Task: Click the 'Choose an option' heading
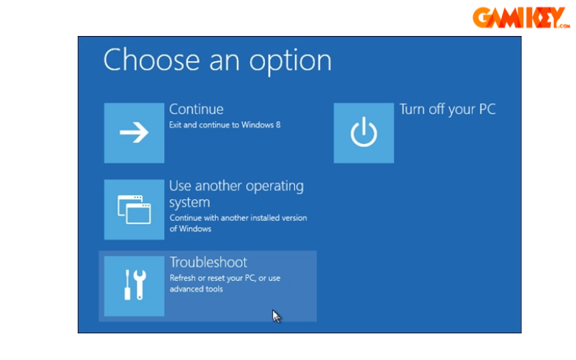click(x=217, y=60)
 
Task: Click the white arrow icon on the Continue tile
click(x=134, y=132)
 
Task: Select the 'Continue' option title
click(x=196, y=109)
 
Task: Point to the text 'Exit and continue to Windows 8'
click(x=225, y=125)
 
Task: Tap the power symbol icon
click(x=364, y=132)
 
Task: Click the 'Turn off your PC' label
click(x=447, y=109)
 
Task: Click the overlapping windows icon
click(x=134, y=210)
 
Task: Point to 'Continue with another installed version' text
click(x=238, y=217)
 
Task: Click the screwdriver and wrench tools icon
click(x=134, y=286)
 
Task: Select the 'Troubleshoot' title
click(x=208, y=262)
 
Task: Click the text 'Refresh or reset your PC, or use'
click(x=225, y=278)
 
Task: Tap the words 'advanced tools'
click(x=196, y=289)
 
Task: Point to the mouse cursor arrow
click(x=276, y=315)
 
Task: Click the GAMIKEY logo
click(x=521, y=17)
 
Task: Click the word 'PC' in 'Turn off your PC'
click(x=487, y=109)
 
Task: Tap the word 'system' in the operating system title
click(x=189, y=203)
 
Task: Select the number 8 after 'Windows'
click(x=278, y=125)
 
